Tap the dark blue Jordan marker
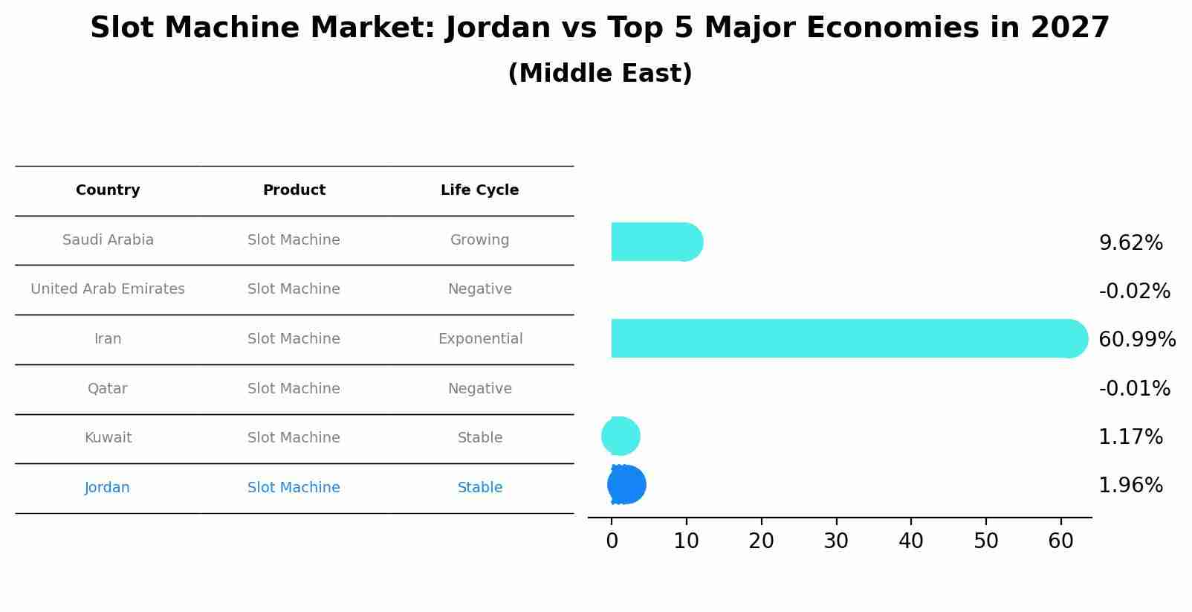(x=626, y=485)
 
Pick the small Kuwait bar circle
(x=621, y=437)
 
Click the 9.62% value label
(x=1130, y=243)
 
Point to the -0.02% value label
(x=1134, y=291)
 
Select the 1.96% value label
(x=1130, y=486)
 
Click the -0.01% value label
(x=1134, y=389)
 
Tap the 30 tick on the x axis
(x=836, y=541)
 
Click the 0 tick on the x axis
(x=612, y=541)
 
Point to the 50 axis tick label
(x=986, y=541)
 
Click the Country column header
(x=108, y=190)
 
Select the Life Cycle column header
(x=479, y=190)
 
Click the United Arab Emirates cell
(x=108, y=289)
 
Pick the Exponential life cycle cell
(x=480, y=339)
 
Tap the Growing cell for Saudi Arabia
(x=479, y=240)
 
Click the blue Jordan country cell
(x=107, y=488)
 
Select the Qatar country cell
(x=107, y=389)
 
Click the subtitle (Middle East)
(x=600, y=74)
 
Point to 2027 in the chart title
(x=1069, y=28)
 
